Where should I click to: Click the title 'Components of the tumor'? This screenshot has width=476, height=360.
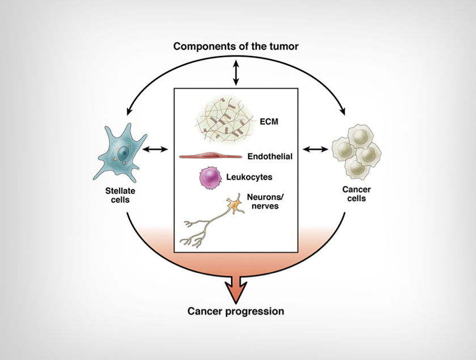coord(235,46)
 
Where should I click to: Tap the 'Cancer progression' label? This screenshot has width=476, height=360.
coord(236,311)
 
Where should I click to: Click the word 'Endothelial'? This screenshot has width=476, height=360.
coord(270,156)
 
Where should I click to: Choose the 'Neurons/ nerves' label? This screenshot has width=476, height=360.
coord(263,202)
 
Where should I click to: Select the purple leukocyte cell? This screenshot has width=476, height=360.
coord(209,178)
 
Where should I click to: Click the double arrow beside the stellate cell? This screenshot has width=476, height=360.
coord(156,150)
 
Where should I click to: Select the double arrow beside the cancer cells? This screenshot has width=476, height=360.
coord(316,150)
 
